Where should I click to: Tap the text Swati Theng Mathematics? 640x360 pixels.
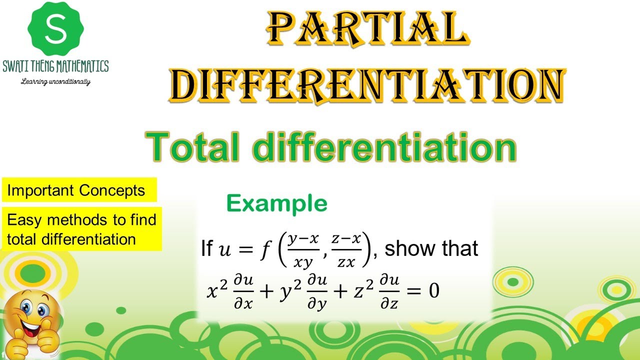click(55, 66)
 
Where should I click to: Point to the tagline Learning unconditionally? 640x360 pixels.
click(55, 81)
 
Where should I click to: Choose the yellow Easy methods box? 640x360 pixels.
click(81, 229)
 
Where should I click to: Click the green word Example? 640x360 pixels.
click(277, 203)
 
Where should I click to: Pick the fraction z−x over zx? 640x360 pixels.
click(345, 248)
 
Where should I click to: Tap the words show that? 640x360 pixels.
click(431, 248)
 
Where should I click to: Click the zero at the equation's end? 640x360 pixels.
click(433, 290)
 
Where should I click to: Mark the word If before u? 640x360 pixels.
click(206, 248)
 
